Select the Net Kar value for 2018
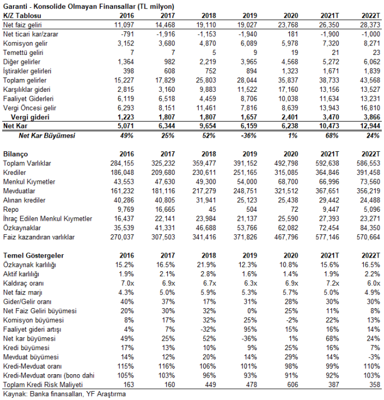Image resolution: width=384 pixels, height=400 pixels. click(x=206, y=126)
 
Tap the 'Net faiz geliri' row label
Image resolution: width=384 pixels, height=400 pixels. click(x=22, y=25)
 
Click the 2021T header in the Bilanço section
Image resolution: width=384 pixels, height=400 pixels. click(x=330, y=154)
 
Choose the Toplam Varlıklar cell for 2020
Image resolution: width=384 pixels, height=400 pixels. click(x=286, y=163)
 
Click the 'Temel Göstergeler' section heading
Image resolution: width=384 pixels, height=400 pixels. click(x=34, y=255)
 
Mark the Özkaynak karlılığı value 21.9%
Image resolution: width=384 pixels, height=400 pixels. click(x=206, y=265)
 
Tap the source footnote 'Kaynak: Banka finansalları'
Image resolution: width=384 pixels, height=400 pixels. click(x=43, y=394)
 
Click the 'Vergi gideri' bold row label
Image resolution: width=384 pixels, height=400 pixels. click(x=30, y=117)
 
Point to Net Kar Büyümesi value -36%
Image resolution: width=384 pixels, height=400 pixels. click(x=249, y=136)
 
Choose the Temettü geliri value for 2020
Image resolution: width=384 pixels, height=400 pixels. click(x=294, y=53)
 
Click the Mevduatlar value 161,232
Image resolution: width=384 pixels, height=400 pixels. click(x=123, y=191)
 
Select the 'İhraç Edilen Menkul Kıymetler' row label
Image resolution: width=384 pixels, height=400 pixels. click(x=48, y=218)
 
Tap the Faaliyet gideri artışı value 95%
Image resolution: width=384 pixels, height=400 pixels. click(x=250, y=329)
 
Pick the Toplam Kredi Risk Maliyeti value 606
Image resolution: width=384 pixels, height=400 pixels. click(x=292, y=385)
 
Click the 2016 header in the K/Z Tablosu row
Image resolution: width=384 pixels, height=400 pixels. click(x=127, y=16)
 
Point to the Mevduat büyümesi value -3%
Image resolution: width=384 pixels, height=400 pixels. click(x=374, y=357)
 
